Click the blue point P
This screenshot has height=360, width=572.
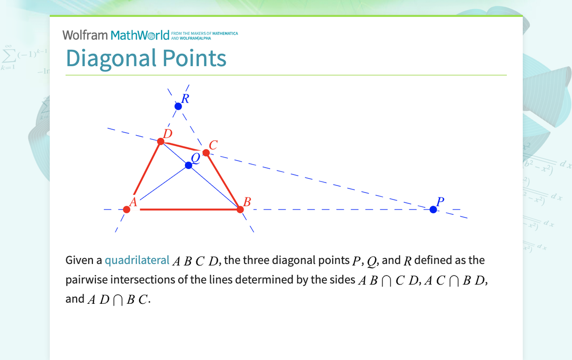click(433, 209)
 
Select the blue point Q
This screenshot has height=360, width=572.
click(189, 165)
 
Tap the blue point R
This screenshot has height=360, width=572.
click(178, 106)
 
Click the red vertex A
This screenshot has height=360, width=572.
click(127, 209)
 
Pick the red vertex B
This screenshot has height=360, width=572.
click(240, 209)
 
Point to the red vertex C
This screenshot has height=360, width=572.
click(206, 153)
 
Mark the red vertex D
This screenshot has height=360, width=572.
click(161, 141)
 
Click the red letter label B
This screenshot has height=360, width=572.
click(247, 202)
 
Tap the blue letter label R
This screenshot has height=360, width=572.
click(186, 98)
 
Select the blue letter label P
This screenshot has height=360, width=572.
click(440, 201)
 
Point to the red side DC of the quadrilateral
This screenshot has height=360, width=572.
click(183, 147)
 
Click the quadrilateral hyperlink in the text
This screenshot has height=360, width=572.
click(137, 260)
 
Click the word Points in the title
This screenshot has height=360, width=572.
click(188, 58)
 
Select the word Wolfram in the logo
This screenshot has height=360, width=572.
click(85, 35)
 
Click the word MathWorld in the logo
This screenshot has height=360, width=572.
click(140, 35)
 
